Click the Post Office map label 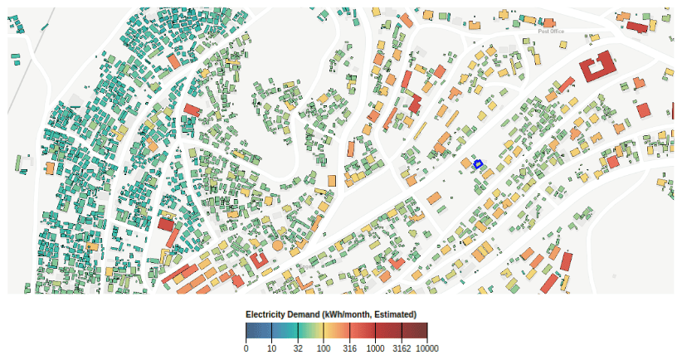[550, 32]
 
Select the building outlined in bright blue [477, 164]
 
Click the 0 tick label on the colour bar [246, 348]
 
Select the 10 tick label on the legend [271, 348]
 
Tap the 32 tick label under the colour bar [298, 348]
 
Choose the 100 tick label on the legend [324, 348]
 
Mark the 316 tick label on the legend [349, 348]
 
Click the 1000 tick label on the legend [375, 348]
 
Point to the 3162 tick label [402, 348]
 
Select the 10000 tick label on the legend [426, 348]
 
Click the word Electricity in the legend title [265, 314]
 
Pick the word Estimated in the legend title [396, 314]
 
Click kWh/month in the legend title [348, 314]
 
